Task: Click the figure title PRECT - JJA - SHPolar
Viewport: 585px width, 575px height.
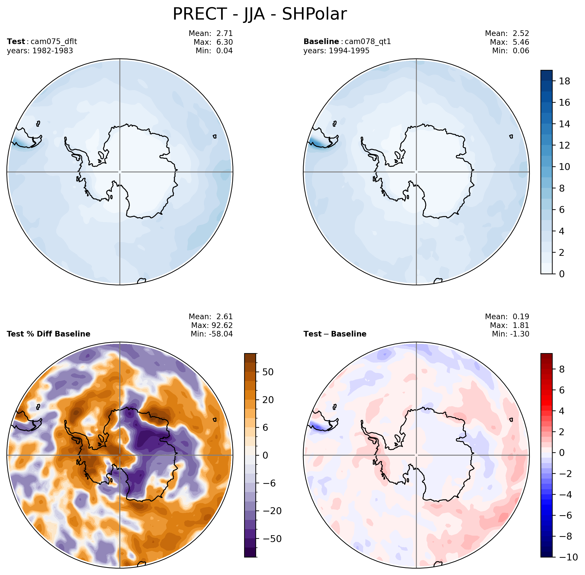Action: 259,14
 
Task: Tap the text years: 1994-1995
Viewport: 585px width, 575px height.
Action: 336,51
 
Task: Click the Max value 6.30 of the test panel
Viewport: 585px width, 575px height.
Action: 224,42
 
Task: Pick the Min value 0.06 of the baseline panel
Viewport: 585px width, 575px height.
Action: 521,51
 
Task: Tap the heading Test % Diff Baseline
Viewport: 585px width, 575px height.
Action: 48,334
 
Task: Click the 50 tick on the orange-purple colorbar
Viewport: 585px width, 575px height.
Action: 268,372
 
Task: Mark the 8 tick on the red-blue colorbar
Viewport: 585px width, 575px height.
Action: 562,369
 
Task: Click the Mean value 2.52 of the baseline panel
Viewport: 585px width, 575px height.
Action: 521,33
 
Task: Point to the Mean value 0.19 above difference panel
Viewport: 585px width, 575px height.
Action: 521,316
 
